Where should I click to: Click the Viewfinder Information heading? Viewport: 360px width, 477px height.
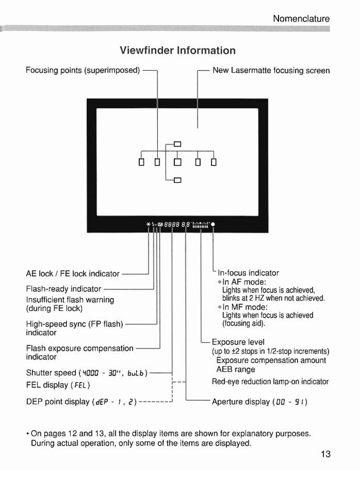coord(177,51)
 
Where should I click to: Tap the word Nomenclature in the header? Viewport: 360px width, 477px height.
coord(301,19)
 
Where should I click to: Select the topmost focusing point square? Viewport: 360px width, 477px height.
coord(177,144)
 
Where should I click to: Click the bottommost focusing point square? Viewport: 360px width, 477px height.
coord(177,180)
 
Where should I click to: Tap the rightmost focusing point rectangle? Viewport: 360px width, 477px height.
coord(214,163)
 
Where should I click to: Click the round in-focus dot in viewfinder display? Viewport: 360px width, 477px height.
coord(213,225)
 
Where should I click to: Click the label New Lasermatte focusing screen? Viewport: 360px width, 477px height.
coord(271,71)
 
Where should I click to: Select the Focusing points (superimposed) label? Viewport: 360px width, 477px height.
coord(83,70)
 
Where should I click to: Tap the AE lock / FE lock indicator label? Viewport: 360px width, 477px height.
coord(73,274)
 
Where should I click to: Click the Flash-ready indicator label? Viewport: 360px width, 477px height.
coord(63,289)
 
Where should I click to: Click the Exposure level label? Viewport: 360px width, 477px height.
coord(238,342)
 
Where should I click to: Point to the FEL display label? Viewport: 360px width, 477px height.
coord(58,385)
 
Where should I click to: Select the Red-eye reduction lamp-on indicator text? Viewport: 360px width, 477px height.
coord(270,382)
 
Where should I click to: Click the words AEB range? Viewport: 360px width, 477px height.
coord(235,369)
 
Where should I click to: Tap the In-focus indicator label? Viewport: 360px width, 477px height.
coord(248,273)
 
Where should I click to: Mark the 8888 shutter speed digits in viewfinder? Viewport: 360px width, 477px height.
coord(172,225)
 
